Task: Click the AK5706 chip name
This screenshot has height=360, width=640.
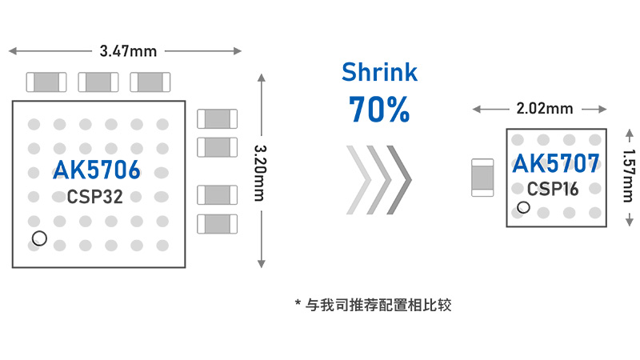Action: (x=97, y=170)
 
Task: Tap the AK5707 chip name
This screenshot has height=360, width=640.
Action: (x=555, y=164)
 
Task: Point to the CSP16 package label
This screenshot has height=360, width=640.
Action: (x=553, y=189)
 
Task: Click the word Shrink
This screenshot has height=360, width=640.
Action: (x=379, y=73)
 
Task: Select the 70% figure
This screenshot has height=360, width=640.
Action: (x=379, y=110)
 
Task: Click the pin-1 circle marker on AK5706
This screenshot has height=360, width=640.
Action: (x=38, y=238)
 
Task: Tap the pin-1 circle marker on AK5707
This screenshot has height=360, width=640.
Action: (x=523, y=208)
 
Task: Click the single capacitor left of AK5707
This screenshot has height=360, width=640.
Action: (x=482, y=178)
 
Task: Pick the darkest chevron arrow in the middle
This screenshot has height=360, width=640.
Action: (x=399, y=179)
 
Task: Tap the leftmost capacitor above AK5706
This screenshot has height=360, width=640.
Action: (x=46, y=82)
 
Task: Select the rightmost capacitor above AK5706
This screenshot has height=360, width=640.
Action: (x=150, y=82)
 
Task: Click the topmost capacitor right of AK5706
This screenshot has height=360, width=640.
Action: (x=217, y=119)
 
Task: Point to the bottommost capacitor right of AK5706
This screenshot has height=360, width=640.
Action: (x=217, y=223)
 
